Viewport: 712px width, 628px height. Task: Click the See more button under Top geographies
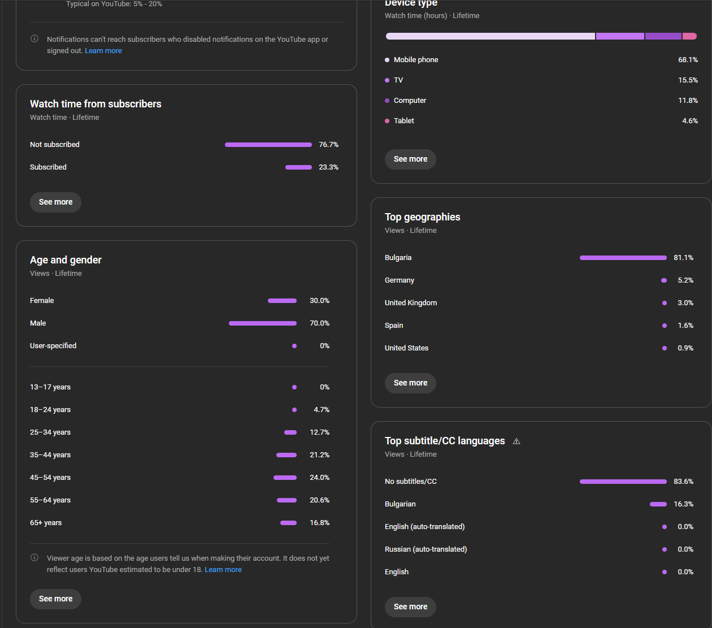pos(410,383)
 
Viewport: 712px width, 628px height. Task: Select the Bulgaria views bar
pos(623,258)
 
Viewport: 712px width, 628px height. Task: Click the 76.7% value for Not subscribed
pos(328,145)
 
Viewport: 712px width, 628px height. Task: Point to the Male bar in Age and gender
pos(262,323)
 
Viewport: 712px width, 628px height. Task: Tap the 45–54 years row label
pos(50,478)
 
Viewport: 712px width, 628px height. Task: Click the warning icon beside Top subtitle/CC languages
pos(516,441)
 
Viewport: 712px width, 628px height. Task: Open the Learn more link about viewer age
pos(223,570)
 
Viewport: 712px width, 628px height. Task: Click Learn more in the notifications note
pos(103,51)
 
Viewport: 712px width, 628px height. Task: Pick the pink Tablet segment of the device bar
pos(689,36)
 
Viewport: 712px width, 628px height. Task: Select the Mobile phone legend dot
pos(387,60)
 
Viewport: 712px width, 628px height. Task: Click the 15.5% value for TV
pos(688,80)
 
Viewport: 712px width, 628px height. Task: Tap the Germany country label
pos(400,280)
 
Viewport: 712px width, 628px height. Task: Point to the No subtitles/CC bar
pos(623,482)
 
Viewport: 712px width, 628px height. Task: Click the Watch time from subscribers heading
pos(95,104)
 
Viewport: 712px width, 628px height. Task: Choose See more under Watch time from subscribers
pos(55,202)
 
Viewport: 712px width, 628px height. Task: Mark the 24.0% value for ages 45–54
pos(319,478)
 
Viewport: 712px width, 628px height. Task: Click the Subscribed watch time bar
pos(298,167)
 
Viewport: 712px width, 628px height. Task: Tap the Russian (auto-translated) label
pos(426,549)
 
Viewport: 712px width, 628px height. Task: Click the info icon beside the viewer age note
pos(34,558)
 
